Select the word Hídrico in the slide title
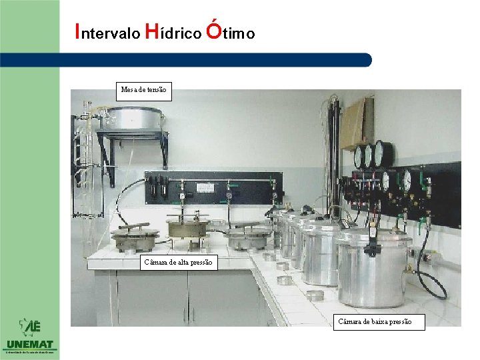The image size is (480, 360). point(171,33)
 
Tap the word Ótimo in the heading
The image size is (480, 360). point(231,31)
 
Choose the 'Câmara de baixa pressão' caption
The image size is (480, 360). point(373,322)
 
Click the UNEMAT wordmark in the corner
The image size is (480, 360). point(29,344)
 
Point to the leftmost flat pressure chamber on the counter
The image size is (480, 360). point(135,237)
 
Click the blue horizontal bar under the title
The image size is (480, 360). point(220,60)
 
